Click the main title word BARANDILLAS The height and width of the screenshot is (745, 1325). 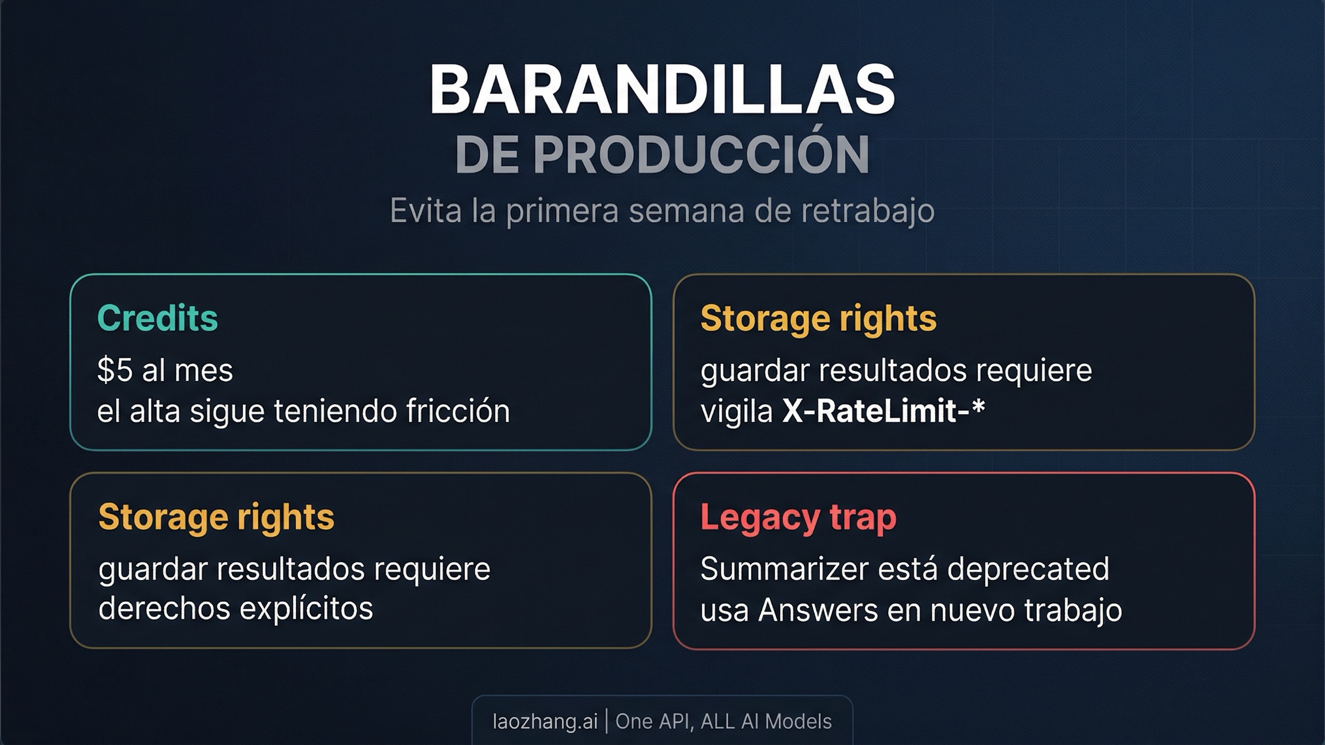tap(662, 90)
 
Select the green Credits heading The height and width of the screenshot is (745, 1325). tap(157, 318)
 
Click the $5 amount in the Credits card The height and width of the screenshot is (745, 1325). tap(115, 370)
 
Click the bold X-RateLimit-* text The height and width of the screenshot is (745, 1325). tap(883, 411)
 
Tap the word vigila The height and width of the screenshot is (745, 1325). tap(736, 411)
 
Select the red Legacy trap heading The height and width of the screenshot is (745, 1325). tap(798, 518)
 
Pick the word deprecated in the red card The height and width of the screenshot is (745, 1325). tap(1028, 569)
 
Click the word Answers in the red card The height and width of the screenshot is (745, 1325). tap(818, 610)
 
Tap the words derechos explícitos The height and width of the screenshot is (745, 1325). tap(236, 609)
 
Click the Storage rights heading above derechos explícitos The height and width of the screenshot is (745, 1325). tap(216, 517)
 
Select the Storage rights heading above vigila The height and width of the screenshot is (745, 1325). tap(818, 318)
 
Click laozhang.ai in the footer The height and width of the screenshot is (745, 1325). tap(545, 721)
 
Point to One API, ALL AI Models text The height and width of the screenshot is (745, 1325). tap(723, 721)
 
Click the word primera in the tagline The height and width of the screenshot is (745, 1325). tap(563, 211)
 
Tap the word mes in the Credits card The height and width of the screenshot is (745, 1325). tap(211, 370)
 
